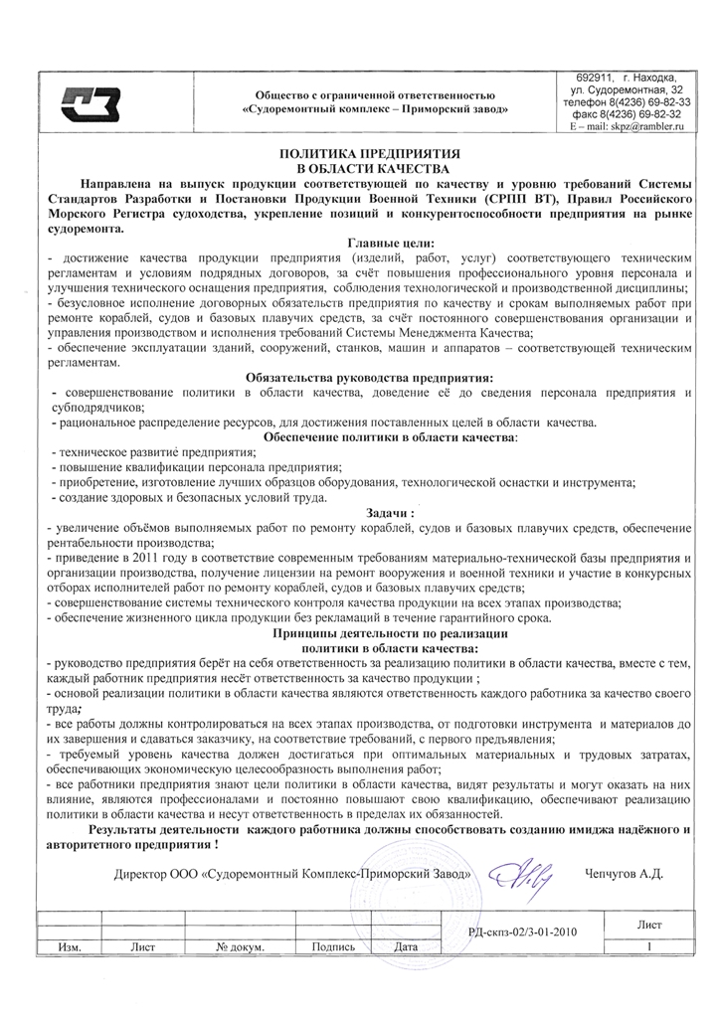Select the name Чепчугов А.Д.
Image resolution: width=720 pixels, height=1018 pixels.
pyautogui.click(x=625, y=875)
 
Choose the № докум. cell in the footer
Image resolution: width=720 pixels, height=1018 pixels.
pyautogui.click(x=240, y=946)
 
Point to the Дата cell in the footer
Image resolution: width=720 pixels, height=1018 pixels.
pyautogui.click(x=405, y=946)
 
